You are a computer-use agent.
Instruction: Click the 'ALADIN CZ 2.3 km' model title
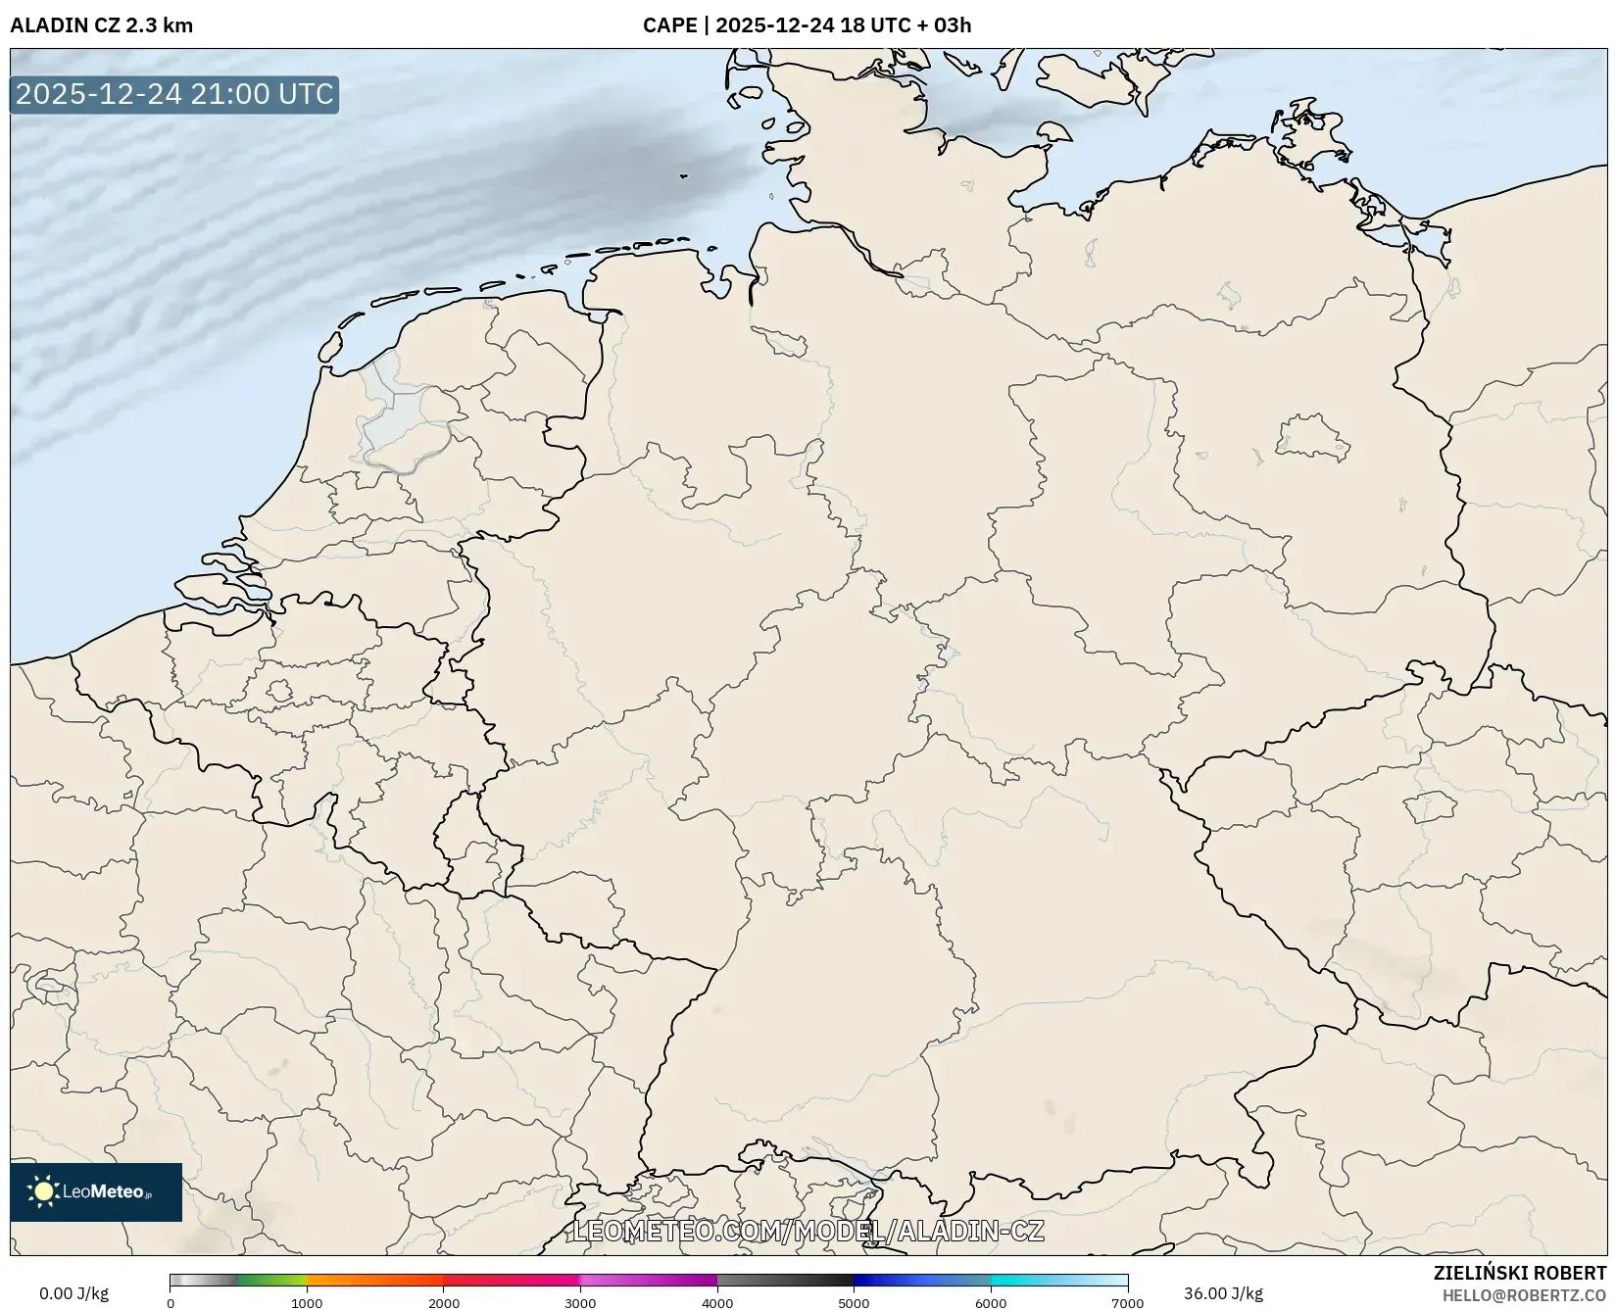point(101,25)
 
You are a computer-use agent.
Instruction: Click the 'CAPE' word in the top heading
point(669,25)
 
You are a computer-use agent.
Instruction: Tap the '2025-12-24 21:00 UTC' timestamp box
point(174,94)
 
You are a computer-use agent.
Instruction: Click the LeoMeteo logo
point(96,1191)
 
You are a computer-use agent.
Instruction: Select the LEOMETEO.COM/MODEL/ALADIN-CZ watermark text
point(808,1231)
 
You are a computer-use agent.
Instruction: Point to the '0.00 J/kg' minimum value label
point(73,1293)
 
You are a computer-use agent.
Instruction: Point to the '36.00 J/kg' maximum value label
point(1223,1293)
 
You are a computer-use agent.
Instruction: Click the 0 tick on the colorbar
point(171,1302)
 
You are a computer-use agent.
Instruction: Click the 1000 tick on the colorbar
point(307,1302)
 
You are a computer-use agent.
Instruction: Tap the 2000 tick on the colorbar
point(444,1302)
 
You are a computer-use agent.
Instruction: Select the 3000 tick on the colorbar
point(580,1302)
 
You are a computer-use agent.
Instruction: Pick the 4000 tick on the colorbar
point(717,1302)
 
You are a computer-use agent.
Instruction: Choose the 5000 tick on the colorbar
point(854,1302)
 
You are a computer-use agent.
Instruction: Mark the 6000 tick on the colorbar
point(991,1302)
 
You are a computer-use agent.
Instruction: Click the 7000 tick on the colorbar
point(1127,1302)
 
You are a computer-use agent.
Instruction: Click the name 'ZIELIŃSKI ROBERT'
point(1520,1274)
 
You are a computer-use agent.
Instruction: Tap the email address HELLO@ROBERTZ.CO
point(1524,1295)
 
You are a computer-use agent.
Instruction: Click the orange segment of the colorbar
point(372,1280)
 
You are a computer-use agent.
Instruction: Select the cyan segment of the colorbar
point(1029,1280)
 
